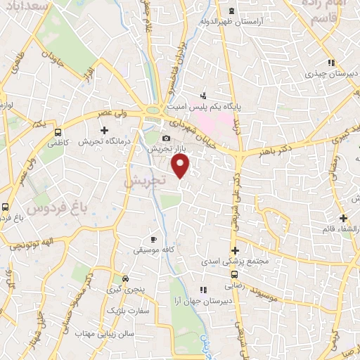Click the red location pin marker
pos(181,166)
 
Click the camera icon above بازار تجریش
pos(167,138)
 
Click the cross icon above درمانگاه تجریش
pos(105,130)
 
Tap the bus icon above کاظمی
pos(57,131)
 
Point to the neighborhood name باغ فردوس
pos(51,208)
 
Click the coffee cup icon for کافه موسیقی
pos(154,239)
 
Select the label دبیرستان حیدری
pos(330,72)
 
